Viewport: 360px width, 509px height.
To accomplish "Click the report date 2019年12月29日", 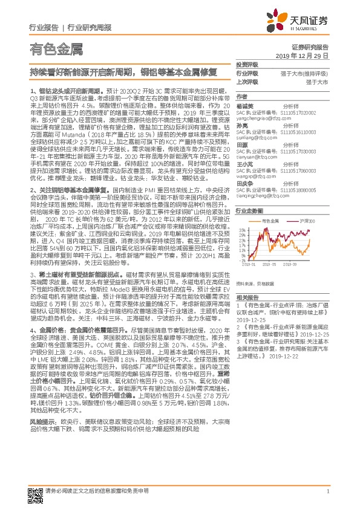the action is point(310,55).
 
